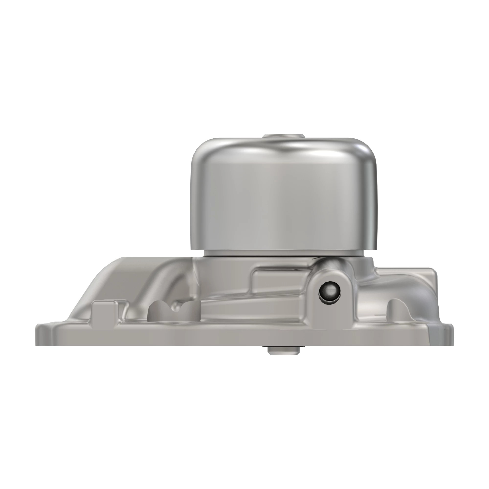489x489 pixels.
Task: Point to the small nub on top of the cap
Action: click(x=283, y=136)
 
